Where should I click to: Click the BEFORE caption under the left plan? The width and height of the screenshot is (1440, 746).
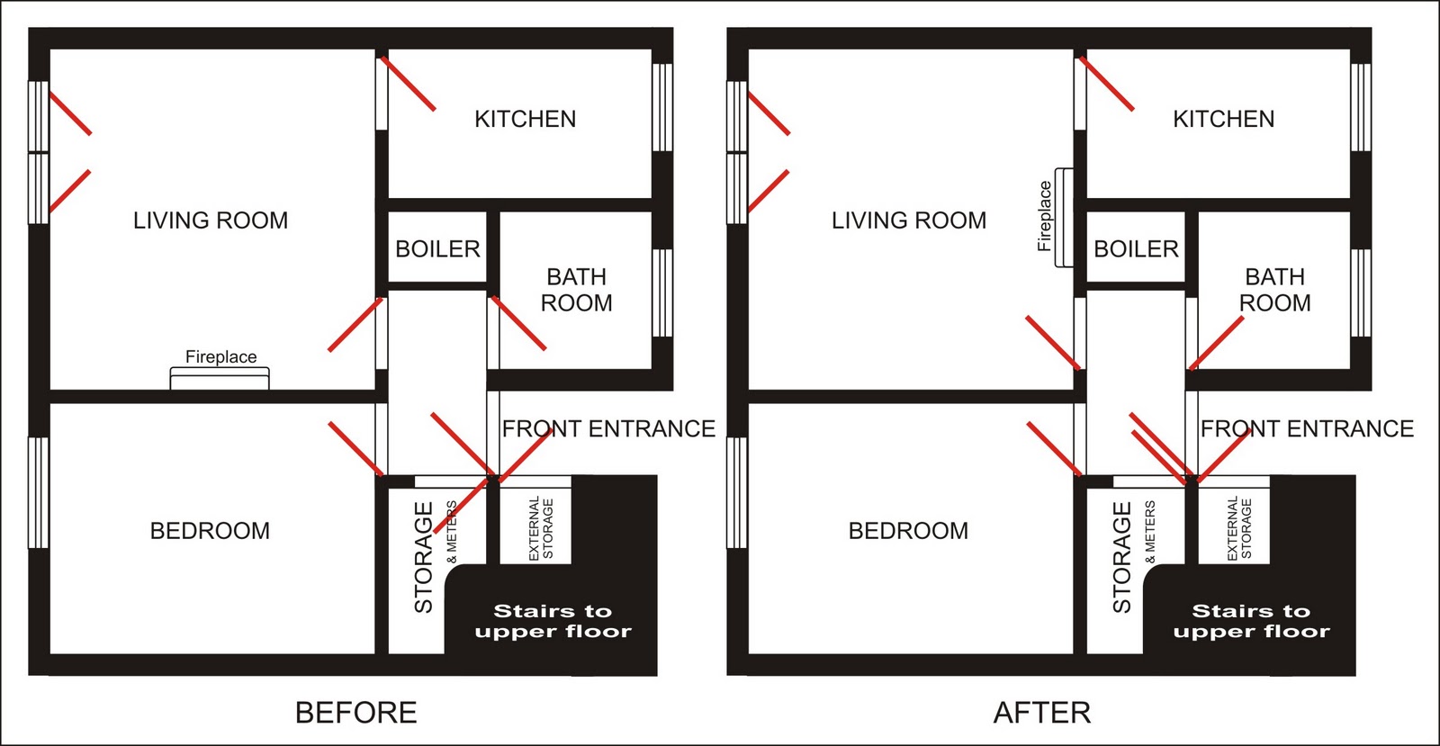[356, 713]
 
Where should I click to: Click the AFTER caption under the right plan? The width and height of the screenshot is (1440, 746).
[1042, 713]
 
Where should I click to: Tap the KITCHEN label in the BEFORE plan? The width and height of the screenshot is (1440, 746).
[526, 119]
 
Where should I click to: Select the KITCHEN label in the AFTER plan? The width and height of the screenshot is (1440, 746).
[1223, 119]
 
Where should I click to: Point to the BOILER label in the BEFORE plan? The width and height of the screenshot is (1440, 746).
[437, 248]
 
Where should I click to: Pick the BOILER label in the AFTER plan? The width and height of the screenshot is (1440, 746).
[1136, 248]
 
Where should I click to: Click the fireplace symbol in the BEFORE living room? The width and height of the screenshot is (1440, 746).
[220, 378]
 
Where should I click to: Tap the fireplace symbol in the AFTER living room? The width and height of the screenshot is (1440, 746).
[1064, 217]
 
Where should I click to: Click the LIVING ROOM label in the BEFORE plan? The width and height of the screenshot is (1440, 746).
[211, 220]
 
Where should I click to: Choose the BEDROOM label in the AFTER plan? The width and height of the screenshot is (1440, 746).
[908, 531]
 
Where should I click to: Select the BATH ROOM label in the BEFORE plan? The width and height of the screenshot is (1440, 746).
[576, 290]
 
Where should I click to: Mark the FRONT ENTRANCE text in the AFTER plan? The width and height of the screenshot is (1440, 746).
[1307, 428]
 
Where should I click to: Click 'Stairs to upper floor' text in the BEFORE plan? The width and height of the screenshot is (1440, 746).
[553, 621]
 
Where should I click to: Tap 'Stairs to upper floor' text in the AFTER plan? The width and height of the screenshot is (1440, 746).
[1251, 621]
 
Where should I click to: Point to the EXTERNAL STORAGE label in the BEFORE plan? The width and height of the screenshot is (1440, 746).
[541, 528]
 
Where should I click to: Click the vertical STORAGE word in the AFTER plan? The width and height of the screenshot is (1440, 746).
[1121, 557]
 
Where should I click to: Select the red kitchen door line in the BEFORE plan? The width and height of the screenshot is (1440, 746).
[409, 84]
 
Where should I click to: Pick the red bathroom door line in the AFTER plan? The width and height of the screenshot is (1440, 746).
[1216, 343]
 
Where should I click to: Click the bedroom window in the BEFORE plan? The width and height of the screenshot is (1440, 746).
[39, 493]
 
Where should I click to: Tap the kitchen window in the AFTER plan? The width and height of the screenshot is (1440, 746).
[1360, 107]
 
